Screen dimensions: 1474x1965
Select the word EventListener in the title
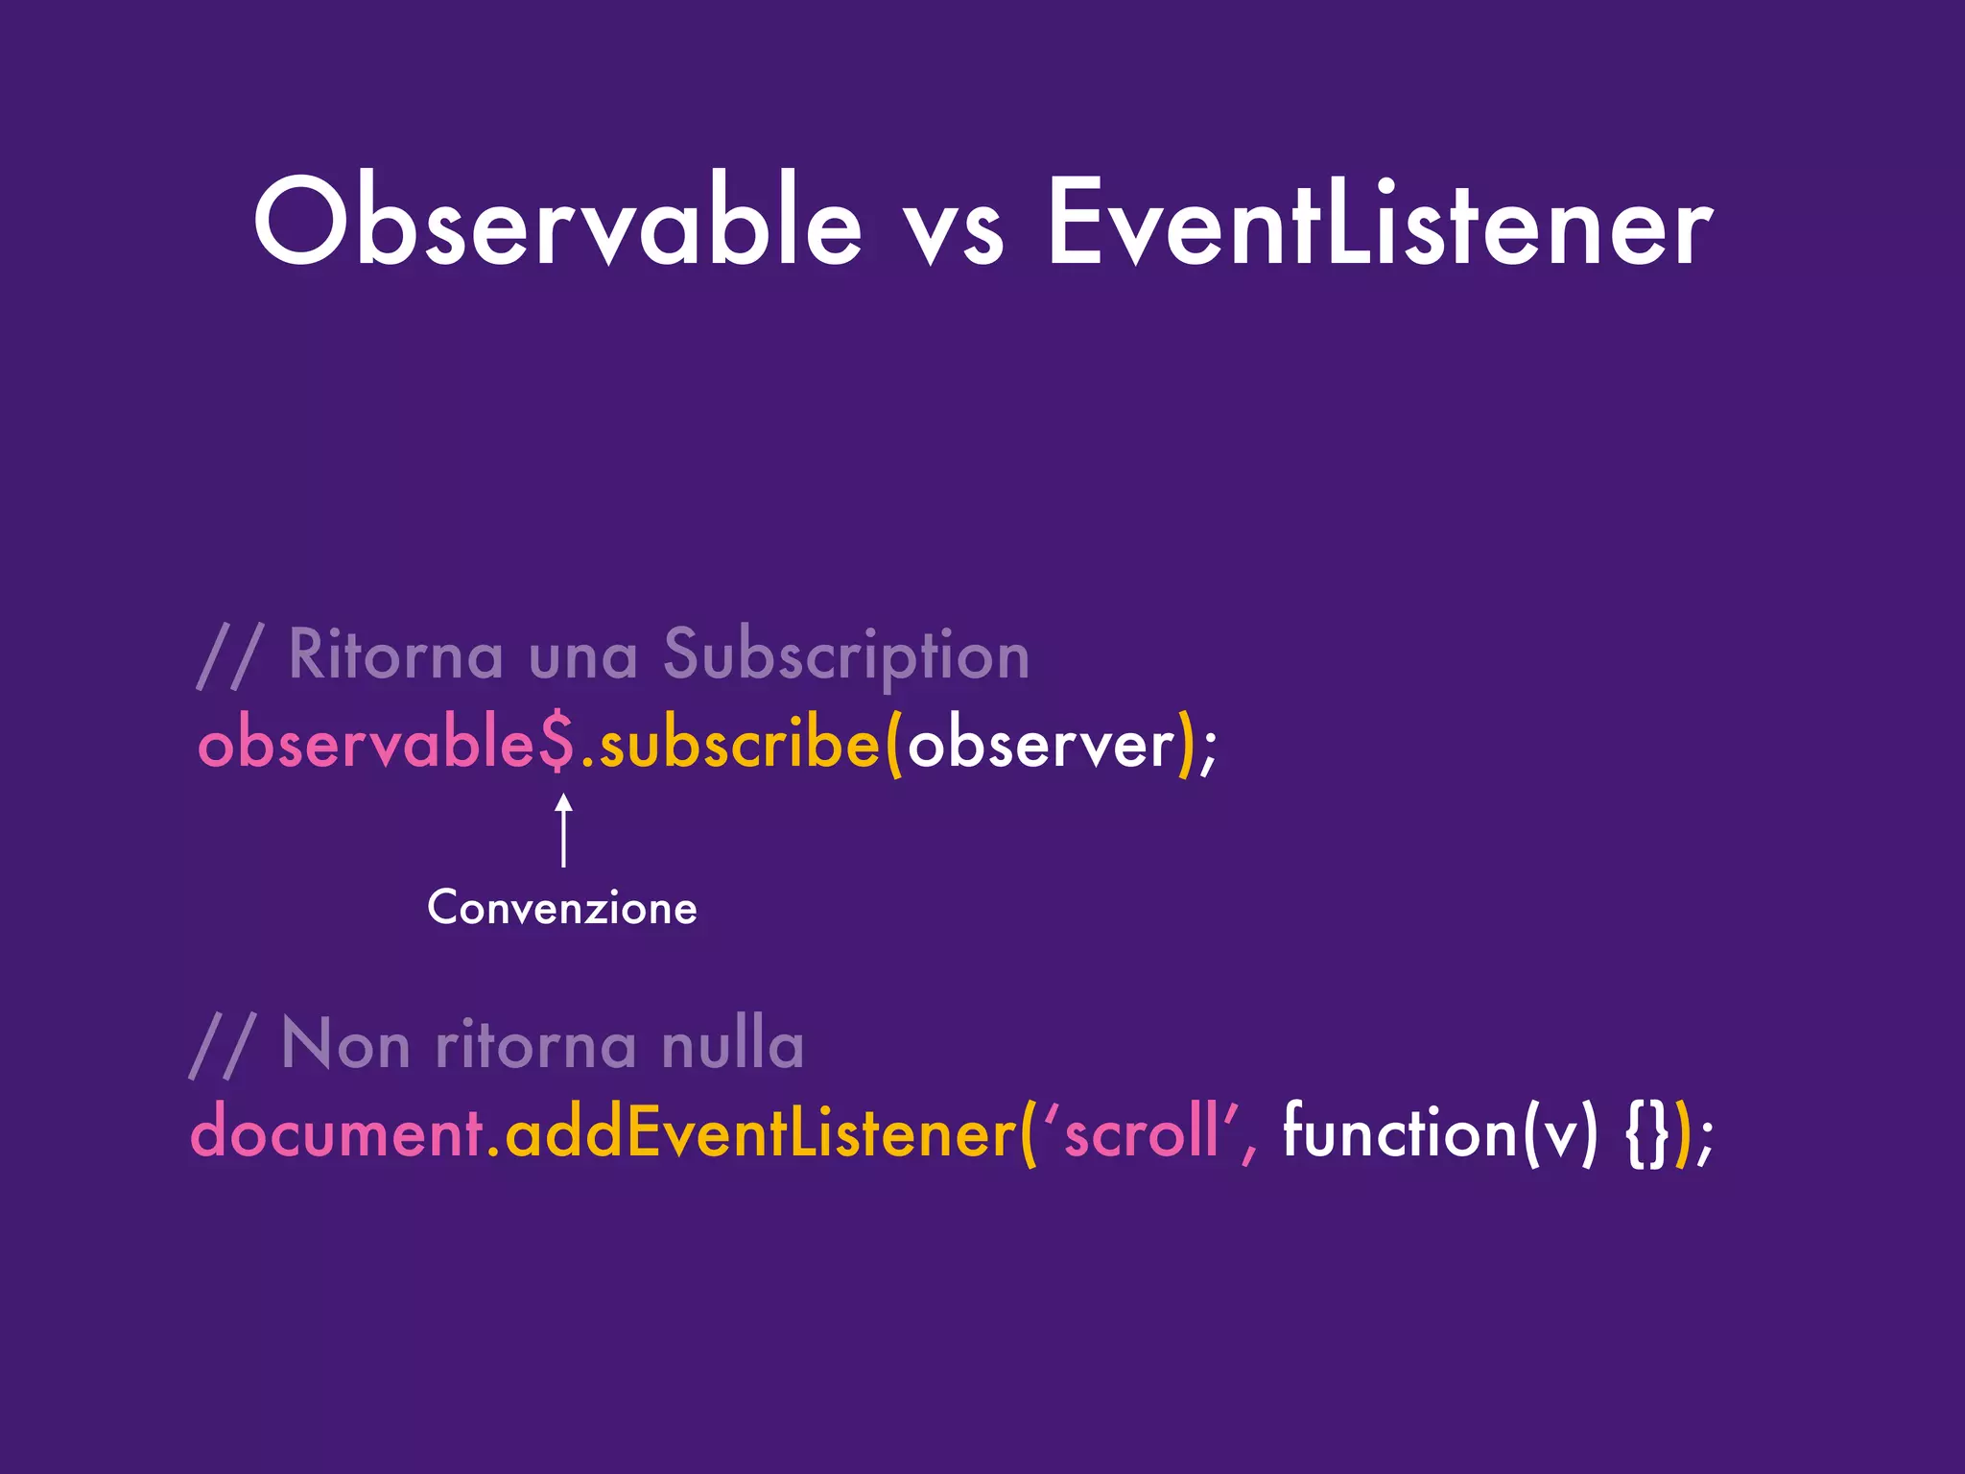[x=1380, y=223]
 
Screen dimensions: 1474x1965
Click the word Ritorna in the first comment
[x=395, y=655]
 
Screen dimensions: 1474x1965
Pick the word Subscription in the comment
[x=846, y=657]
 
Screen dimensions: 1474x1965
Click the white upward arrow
[x=564, y=829]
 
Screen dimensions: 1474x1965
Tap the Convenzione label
[x=562, y=908]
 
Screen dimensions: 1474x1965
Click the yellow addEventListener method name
[x=760, y=1133]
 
